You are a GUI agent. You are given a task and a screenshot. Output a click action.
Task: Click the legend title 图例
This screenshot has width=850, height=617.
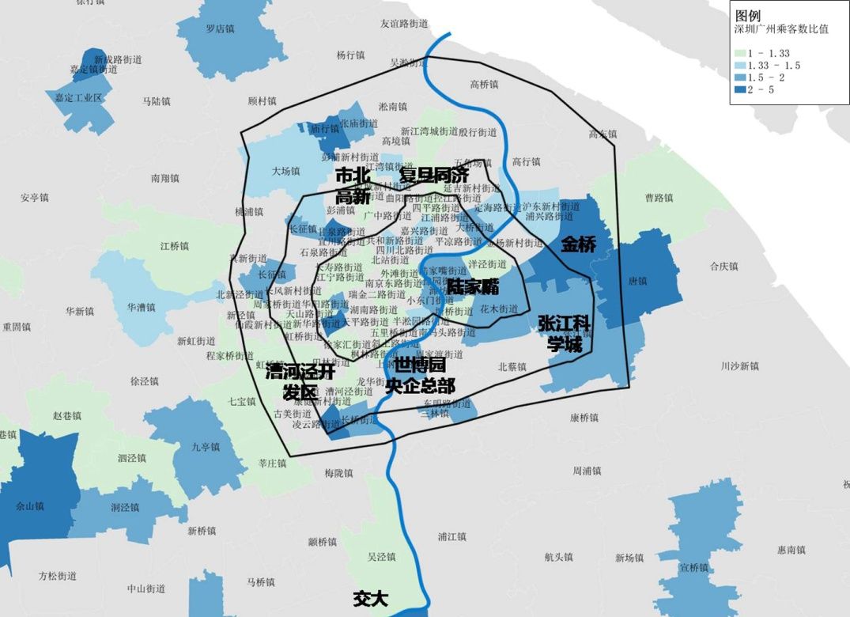747,16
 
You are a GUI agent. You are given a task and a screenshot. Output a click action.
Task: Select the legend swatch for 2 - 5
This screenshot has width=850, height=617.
739,90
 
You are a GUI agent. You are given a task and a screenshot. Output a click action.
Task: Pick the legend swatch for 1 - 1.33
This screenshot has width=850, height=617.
739,52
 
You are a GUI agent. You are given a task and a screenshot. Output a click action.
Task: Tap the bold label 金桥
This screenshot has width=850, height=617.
578,244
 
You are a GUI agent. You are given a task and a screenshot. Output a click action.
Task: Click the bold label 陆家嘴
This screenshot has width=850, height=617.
472,288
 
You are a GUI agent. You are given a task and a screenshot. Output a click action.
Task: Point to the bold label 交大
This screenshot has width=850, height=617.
371,599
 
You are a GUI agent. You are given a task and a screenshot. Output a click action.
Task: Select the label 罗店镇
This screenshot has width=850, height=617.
221,28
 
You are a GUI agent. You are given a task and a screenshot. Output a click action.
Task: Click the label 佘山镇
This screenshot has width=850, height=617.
30,505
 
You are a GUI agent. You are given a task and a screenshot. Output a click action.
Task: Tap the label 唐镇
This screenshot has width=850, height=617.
637,281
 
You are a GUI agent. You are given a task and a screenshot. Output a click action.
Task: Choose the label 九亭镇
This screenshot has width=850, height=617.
206,445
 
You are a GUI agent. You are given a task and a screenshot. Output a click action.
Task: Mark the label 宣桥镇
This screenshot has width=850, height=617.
693,567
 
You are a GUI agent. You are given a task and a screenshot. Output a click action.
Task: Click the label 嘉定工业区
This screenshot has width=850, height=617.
79,97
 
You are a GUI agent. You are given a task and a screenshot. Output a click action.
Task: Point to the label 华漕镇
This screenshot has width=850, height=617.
142,307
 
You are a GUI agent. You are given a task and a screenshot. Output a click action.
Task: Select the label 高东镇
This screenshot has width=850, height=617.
603,134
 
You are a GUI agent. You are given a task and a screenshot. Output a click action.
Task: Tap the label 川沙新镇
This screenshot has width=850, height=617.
739,366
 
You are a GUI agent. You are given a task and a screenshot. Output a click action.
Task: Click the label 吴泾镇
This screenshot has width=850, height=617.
381,556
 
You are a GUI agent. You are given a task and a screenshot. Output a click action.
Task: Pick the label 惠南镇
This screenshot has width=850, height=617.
791,550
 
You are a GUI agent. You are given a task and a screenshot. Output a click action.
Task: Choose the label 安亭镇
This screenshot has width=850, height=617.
35,197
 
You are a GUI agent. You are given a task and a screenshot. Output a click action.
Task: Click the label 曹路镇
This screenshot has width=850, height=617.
659,197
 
